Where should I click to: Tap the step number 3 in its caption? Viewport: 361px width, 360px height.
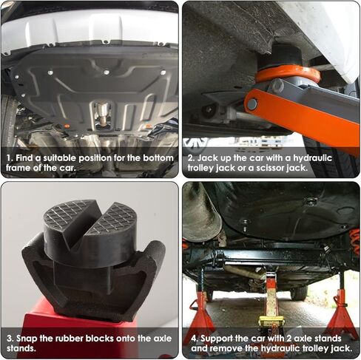[x=7, y=338]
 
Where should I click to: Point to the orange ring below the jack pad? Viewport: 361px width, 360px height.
[x=288, y=73]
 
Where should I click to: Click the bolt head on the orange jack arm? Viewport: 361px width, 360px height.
[x=253, y=104]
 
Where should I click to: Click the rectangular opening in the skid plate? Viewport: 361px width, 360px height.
[x=101, y=115]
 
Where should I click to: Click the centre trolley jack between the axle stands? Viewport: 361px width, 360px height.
[x=271, y=303]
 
